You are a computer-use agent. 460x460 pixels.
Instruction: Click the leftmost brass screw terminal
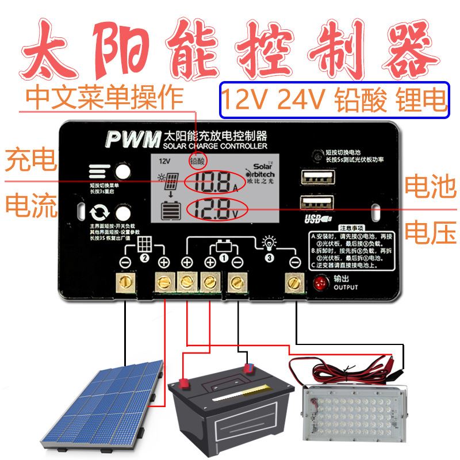pyautogui.click(x=126, y=282)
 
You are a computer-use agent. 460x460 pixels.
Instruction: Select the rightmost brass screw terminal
pyautogui.click(x=294, y=282)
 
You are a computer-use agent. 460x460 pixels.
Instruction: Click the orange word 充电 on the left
pyautogui.click(x=25, y=161)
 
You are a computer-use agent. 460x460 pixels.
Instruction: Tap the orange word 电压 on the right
pyautogui.click(x=430, y=233)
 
